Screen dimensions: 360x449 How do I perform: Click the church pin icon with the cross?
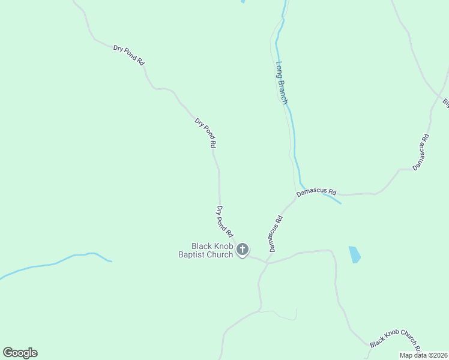tap(243, 250)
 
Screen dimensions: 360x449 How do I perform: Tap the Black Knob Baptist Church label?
tap(205, 251)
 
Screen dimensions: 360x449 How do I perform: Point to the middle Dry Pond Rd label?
tap(205, 133)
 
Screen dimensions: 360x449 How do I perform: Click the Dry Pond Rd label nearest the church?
tap(224, 221)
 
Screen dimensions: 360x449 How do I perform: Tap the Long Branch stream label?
tap(282, 83)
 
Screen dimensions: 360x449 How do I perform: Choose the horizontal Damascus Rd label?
tap(316, 193)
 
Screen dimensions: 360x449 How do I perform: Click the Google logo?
tap(20, 353)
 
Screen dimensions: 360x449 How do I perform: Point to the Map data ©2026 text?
tap(423, 355)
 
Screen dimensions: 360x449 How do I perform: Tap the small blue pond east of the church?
tap(355, 254)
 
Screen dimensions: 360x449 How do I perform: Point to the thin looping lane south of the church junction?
tap(282, 313)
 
